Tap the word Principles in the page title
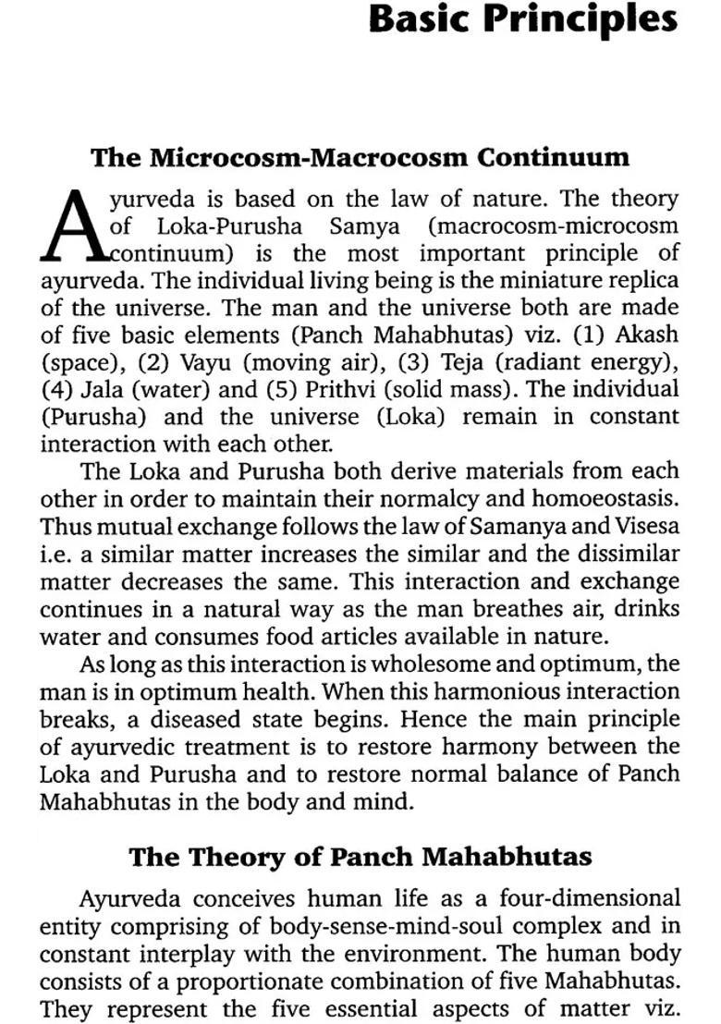583,20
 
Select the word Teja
454,361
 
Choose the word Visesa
646,527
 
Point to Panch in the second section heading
370,857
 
